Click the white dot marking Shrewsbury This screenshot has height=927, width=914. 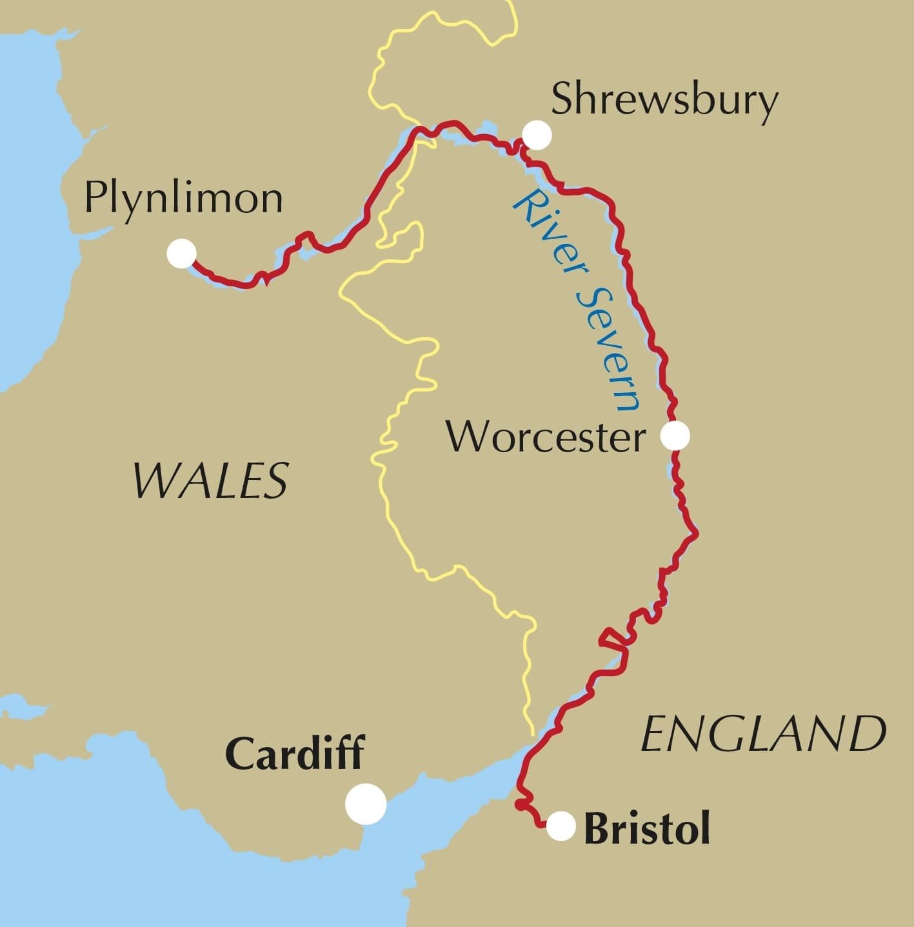click(537, 135)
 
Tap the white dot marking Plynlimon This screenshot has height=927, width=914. click(181, 254)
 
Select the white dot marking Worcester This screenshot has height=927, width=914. click(675, 436)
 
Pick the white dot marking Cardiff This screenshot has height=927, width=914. click(366, 803)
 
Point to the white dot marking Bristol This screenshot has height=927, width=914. click(561, 826)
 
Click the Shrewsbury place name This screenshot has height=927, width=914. click(664, 102)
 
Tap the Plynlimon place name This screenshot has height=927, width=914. click(184, 199)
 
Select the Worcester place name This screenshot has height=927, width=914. click(546, 437)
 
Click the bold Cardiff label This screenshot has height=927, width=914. click(294, 753)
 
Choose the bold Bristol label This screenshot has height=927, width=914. click(646, 829)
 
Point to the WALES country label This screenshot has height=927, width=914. click(210, 481)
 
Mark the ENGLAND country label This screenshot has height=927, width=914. click(763, 734)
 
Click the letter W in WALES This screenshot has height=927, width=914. click(154, 481)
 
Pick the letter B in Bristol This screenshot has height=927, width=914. click(597, 829)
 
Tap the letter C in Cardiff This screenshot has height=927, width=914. click(239, 753)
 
